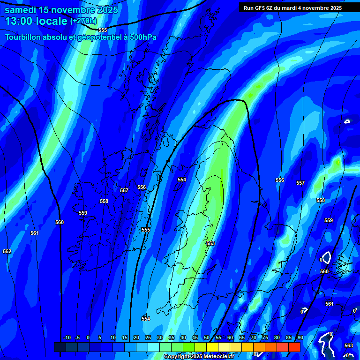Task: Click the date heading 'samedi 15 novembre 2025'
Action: (61, 10)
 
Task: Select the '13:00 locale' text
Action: (36, 21)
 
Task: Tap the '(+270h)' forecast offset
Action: (83, 21)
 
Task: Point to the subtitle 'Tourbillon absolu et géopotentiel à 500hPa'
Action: (81, 37)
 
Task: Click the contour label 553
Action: (210, 243)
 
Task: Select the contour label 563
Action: (349, 345)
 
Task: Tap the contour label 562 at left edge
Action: (7, 252)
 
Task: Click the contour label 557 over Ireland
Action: (124, 191)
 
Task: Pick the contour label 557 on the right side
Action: (300, 183)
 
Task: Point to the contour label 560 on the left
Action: (60, 223)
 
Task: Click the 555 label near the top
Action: (103, 30)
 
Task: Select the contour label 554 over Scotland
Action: (182, 180)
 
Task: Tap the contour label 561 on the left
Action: (35, 233)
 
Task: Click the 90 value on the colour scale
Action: (300, 338)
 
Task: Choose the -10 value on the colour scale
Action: (67, 338)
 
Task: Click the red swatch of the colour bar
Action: (294, 347)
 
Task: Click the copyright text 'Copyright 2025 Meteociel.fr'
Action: (199, 357)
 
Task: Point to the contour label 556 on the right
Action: (280, 180)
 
